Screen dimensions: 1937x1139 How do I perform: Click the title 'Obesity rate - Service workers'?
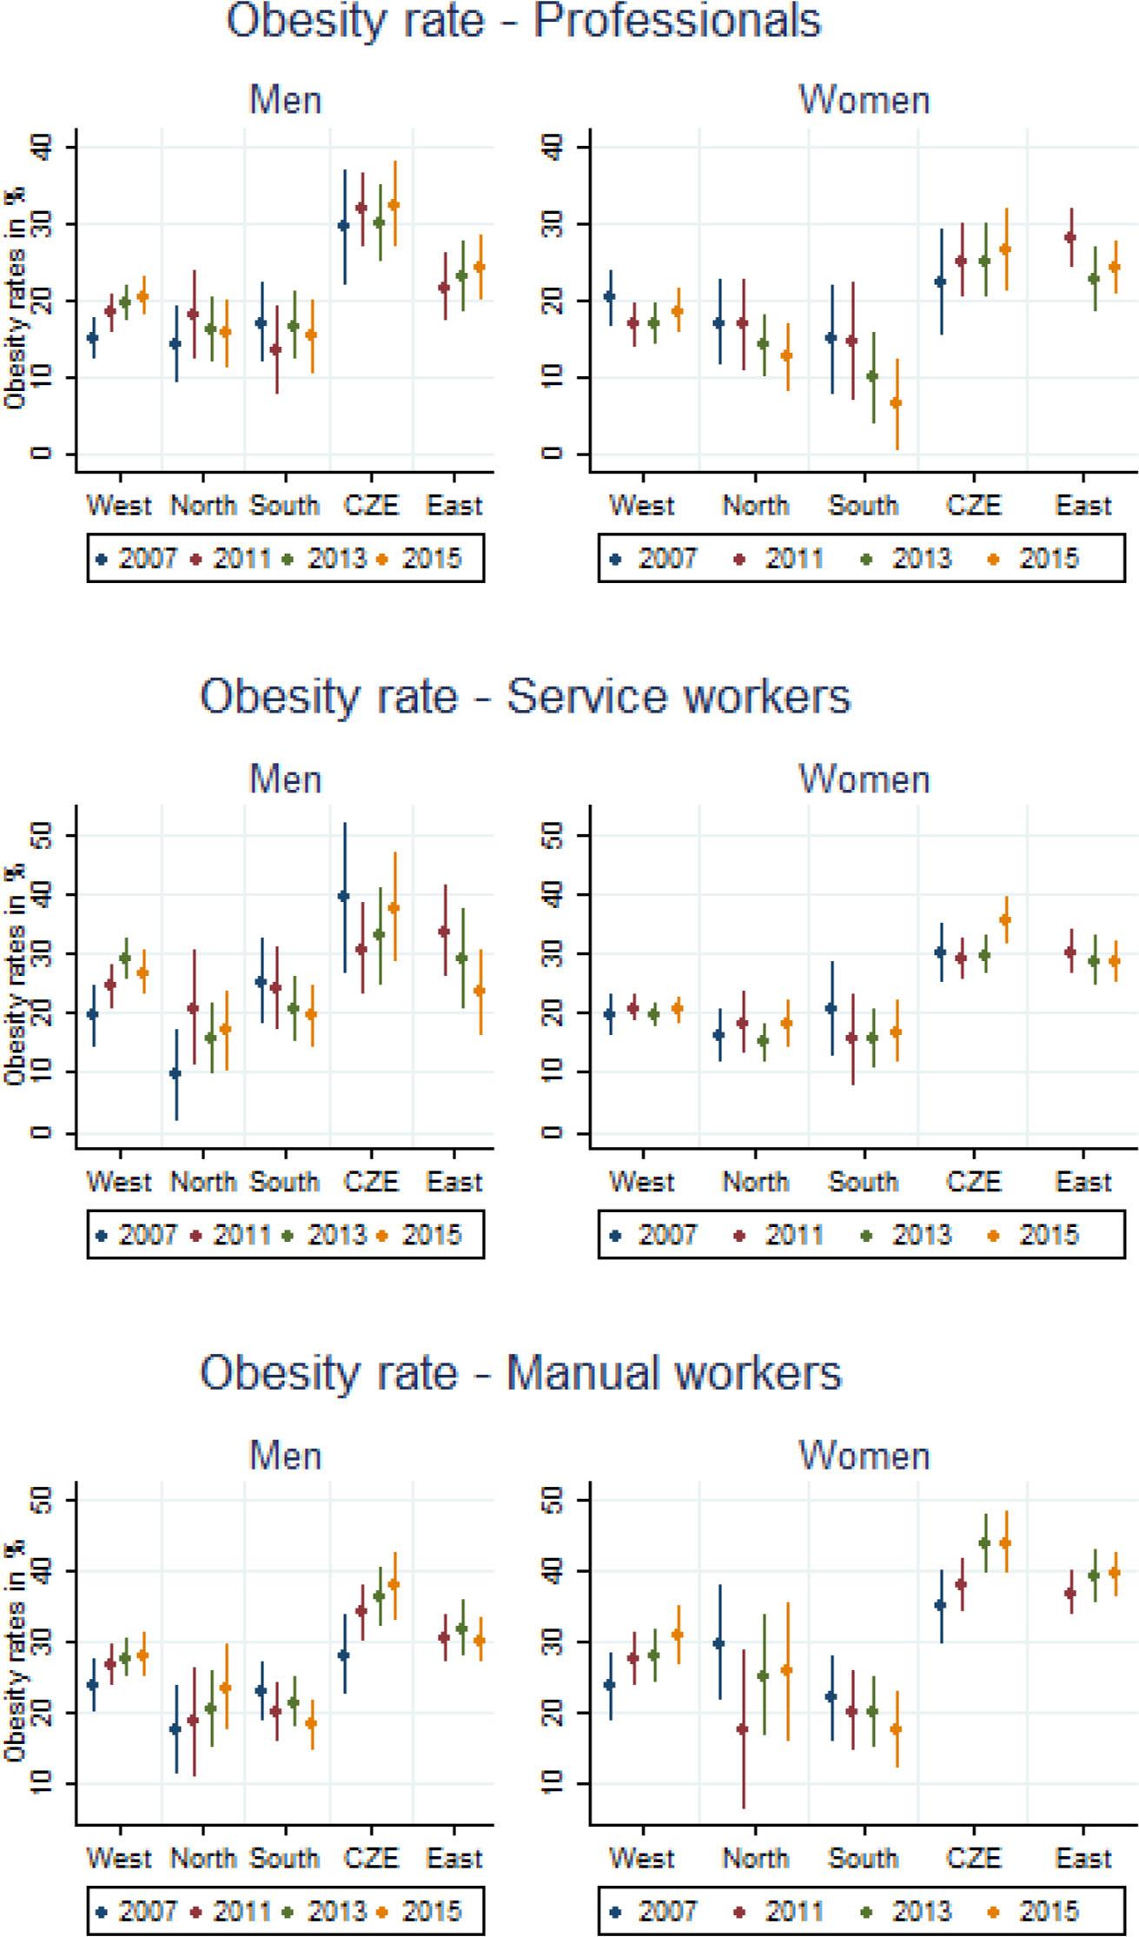coord(525,696)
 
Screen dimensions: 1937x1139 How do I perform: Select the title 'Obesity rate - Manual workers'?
coord(520,1372)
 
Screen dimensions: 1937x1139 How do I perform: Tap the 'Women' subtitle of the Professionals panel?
coord(864,100)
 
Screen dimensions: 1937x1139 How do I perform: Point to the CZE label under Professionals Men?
coord(371,505)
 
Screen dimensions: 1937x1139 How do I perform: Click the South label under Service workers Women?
coord(863,1181)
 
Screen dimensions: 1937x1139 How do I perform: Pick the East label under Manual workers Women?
coord(1083,1858)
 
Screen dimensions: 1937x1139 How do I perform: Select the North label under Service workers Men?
coord(202,1181)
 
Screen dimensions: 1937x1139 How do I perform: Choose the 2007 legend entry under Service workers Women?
coord(656,1235)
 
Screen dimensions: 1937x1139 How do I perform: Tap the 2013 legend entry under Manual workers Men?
coord(327,1911)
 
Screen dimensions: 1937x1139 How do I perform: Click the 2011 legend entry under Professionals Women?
coord(783,559)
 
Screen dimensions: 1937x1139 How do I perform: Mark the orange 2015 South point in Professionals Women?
coord(897,402)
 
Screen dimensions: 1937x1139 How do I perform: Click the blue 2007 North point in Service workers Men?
coord(175,1073)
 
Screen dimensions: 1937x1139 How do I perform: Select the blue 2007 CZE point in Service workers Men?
coord(344,896)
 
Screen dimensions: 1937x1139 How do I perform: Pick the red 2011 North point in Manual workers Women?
coord(742,1729)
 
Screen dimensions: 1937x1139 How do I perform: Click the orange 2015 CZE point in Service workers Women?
coord(1006,919)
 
